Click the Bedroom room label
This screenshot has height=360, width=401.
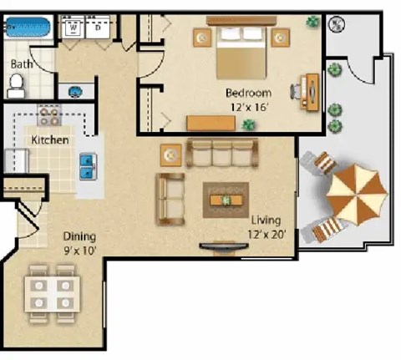point(248,92)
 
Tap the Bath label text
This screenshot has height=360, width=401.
point(21,63)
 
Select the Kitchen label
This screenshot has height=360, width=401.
point(50,140)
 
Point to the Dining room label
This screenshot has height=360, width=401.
point(79,236)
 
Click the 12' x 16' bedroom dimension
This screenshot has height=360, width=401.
point(248,106)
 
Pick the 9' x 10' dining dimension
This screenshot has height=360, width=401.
point(79,250)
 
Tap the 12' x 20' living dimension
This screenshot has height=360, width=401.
point(267,235)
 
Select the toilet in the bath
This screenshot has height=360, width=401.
point(16,83)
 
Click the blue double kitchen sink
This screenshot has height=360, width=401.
point(87,166)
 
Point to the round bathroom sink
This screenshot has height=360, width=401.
point(74,90)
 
